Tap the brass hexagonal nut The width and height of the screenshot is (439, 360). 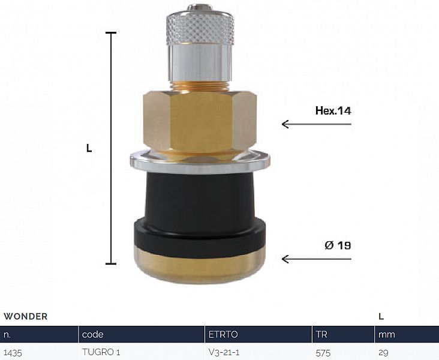[x=200, y=119]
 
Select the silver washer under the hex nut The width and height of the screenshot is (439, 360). [x=199, y=160]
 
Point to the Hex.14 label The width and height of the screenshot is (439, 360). [x=333, y=110]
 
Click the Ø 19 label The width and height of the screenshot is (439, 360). [x=338, y=245]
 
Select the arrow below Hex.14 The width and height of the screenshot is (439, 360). [x=316, y=124]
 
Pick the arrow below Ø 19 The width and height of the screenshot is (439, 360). [x=316, y=259]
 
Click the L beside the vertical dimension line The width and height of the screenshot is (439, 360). [x=89, y=148]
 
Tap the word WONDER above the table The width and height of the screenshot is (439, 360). [x=26, y=316]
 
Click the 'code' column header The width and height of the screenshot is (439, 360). [x=93, y=334]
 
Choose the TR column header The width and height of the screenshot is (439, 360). [x=321, y=334]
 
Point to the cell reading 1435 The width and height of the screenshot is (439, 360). [x=13, y=352]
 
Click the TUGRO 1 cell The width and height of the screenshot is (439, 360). [x=101, y=352]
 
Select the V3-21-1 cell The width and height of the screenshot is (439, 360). [x=224, y=352]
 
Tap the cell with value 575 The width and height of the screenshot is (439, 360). [x=323, y=352]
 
